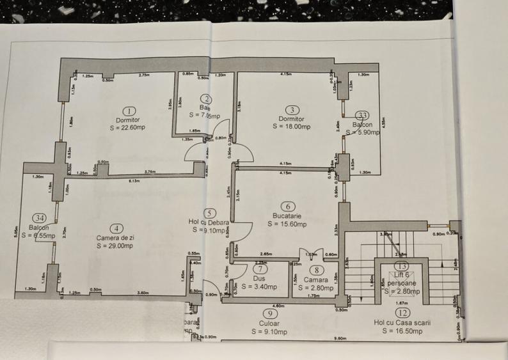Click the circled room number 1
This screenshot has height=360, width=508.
[x=129, y=111]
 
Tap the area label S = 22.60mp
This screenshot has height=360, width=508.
[x=129, y=127]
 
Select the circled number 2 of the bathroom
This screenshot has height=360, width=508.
[x=206, y=98]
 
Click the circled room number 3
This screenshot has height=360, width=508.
[x=291, y=110]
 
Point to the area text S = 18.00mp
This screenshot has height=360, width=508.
[x=291, y=127]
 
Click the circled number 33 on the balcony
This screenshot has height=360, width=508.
[x=362, y=115]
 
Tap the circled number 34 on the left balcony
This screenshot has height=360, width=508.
[x=39, y=218]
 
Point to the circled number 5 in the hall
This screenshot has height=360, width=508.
[x=208, y=213]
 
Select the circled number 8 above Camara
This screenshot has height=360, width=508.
[x=315, y=269]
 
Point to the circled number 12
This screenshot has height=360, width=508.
[x=402, y=313]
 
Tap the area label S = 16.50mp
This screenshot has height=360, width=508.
[x=402, y=331]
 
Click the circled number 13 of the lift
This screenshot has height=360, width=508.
[x=402, y=265]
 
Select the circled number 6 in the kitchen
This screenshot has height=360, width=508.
[x=289, y=206]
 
